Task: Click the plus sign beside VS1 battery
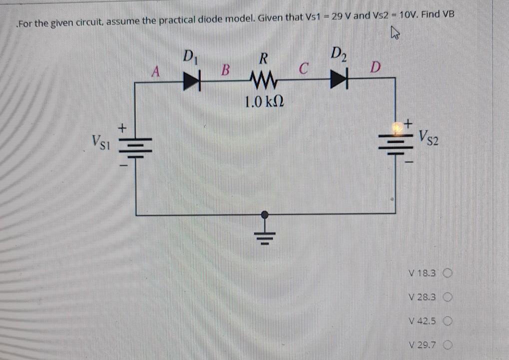point(121,129)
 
